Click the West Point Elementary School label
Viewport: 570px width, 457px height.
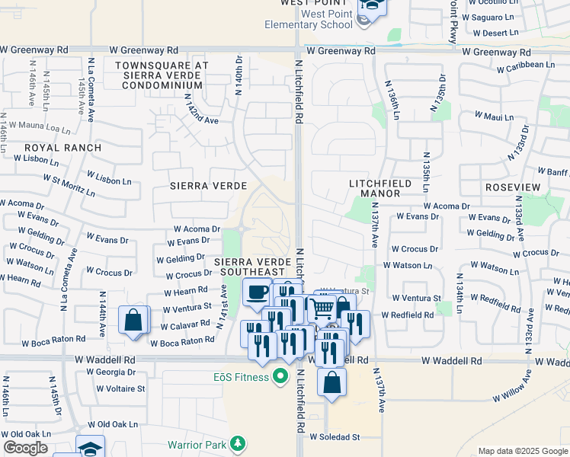[x=309, y=19]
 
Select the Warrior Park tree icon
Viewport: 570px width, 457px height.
[x=239, y=443]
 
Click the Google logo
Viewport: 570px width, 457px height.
[x=25, y=448]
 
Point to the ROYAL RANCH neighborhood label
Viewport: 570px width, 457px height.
[x=62, y=148]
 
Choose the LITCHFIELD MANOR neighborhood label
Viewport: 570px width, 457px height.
[x=380, y=188]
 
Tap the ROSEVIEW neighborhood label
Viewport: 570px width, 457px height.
[x=512, y=187]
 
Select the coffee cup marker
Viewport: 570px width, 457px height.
[x=257, y=292]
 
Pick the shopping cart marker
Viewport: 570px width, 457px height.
[x=323, y=308]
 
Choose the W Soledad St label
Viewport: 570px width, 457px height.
[x=335, y=437]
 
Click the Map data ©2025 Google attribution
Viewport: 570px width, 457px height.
[x=523, y=451]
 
